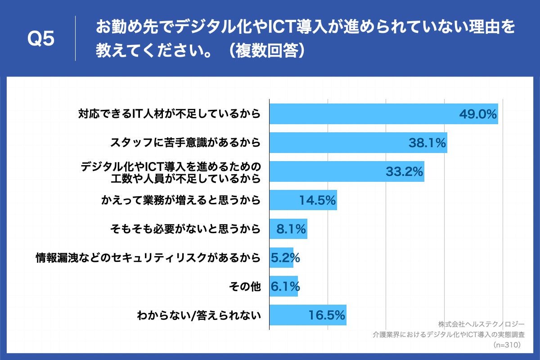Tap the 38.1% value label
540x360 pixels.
click(427, 143)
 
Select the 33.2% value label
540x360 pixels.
click(405, 171)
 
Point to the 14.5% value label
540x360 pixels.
click(318, 200)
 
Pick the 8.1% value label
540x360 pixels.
click(291, 229)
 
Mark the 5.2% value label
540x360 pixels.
click(285, 258)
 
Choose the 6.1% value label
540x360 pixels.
click(285, 286)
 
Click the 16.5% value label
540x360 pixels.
click(327, 315)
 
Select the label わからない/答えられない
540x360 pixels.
click(199, 315)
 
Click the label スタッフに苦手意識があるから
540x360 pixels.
click(185, 143)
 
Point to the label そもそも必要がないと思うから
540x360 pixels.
click(185, 229)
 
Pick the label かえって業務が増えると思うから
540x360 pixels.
click(180, 201)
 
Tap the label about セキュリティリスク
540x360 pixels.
click(148, 258)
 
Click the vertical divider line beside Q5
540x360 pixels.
click(75, 38)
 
